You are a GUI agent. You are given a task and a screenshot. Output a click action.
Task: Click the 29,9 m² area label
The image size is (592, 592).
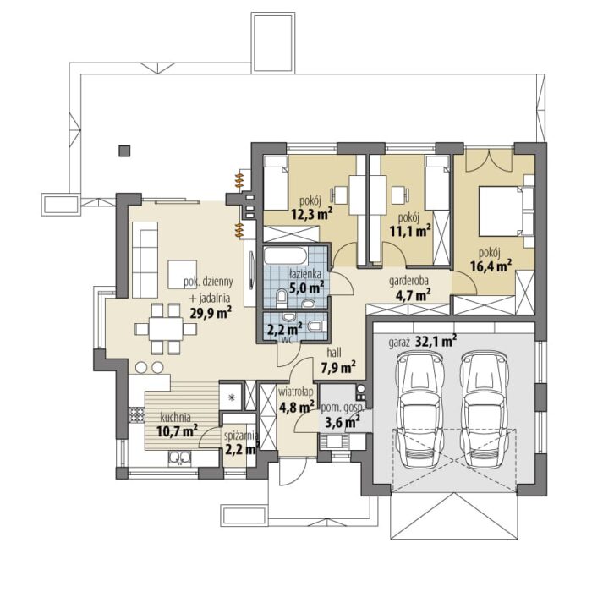click(x=211, y=312)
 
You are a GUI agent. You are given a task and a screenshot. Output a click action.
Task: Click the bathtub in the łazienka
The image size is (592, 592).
click(x=286, y=255)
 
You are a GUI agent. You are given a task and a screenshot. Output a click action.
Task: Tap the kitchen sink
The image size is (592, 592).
click(x=179, y=458)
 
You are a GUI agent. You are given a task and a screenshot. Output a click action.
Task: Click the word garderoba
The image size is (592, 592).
click(x=408, y=281)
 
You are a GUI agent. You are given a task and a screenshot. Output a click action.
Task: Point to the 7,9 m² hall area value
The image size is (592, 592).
click(x=338, y=367)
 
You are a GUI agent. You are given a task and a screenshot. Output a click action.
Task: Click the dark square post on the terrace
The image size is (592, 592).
click(x=124, y=151)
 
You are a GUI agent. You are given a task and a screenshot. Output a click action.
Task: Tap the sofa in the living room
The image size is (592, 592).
click(x=145, y=260)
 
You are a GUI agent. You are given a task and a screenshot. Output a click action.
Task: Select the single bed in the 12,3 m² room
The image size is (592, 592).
click(x=275, y=184)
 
